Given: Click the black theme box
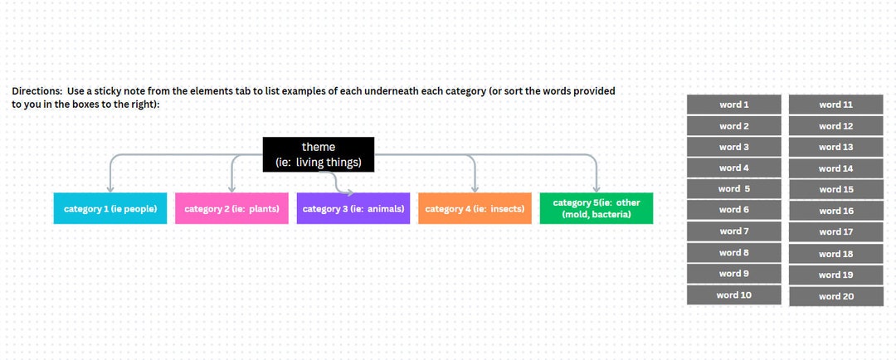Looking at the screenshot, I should [319, 155].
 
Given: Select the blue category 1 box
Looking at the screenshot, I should [110, 208].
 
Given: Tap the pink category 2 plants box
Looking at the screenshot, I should [231, 208].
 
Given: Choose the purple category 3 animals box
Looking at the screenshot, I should [353, 208].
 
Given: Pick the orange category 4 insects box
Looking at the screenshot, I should [475, 208].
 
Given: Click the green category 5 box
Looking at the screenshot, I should [597, 208].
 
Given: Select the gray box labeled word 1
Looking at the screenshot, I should [733, 105].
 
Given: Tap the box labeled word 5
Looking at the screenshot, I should [733, 189].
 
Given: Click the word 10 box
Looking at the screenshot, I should [733, 294].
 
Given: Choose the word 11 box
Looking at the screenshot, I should [835, 105].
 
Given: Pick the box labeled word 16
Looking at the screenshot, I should [835, 211].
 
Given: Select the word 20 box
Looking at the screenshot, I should [835, 296].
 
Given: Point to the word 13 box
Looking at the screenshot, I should [835, 147].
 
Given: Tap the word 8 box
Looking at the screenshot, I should [733, 252].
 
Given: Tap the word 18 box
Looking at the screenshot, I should [835, 254].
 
